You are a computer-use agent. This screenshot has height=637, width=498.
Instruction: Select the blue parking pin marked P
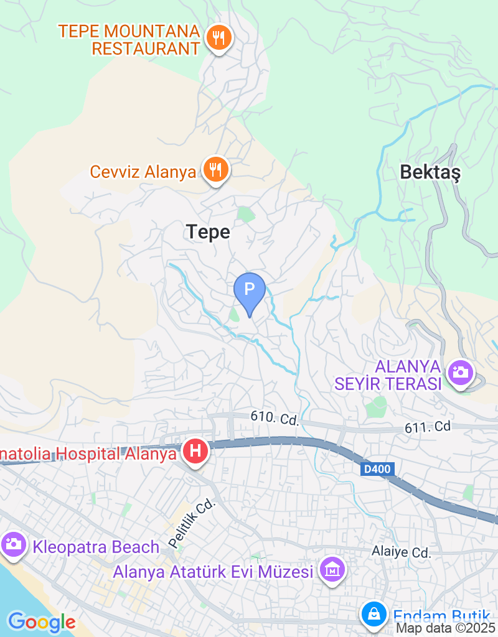tap(250, 290)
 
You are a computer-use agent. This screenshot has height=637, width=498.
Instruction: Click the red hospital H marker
tap(195, 451)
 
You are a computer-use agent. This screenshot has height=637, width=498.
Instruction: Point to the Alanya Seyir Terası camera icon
tap(461, 373)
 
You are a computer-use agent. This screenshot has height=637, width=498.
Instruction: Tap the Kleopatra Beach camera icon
tap(12, 545)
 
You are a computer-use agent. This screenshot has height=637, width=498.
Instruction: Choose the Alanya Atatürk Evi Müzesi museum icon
tap(332, 569)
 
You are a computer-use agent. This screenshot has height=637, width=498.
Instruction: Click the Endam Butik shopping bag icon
tap(374, 615)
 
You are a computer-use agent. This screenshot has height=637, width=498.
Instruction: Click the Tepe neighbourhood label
tap(209, 233)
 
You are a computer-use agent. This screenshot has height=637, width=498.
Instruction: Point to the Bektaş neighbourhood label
tap(430, 172)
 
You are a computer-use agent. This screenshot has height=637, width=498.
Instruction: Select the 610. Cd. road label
tap(275, 418)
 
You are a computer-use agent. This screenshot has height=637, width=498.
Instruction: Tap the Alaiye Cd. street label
tap(402, 552)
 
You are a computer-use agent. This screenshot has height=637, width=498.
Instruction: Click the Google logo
tap(42, 621)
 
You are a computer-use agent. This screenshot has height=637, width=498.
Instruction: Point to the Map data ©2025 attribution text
tap(446, 628)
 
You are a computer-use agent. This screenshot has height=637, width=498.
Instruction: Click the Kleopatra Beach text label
tap(96, 547)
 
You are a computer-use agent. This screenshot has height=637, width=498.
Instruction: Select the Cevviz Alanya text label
tap(143, 172)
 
